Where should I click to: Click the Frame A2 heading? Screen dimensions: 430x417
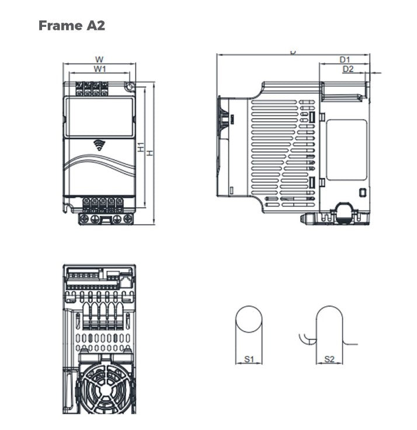click(x=72, y=26)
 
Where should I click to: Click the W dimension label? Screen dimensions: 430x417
click(x=99, y=59)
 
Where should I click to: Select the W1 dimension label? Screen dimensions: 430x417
click(x=100, y=69)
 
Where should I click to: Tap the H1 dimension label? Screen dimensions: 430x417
click(x=141, y=148)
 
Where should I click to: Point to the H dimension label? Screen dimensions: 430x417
click(x=150, y=152)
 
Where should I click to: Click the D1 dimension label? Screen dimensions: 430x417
click(x=345, y=60)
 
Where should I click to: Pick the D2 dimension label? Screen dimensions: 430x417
click(x=348, y=69)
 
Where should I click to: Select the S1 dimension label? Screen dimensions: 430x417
click(x=248, y=359)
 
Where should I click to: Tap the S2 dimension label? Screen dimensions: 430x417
click(x=329, y=359)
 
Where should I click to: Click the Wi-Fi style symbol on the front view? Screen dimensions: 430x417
click(x=99, y=145)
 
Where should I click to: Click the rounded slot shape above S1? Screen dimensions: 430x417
click(x=249, y=330)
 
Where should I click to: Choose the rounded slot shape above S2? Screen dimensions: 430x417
click(x=329, y=330)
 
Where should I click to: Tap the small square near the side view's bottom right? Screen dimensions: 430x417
click(x=362, y=193)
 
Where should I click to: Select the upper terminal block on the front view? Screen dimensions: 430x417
click(x=92, y=88)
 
